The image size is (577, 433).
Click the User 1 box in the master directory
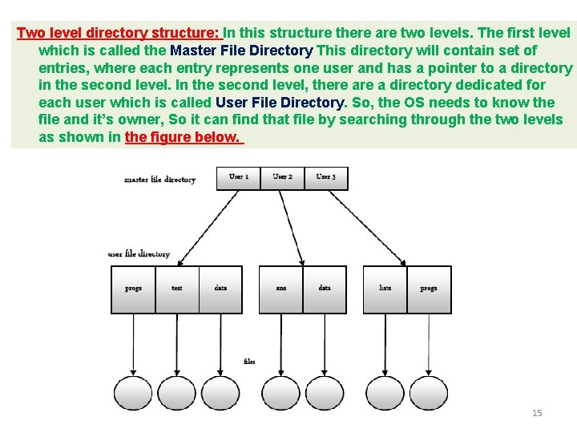coord(239,177)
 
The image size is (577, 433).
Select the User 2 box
coord(282,177)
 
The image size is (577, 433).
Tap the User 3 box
coord(326,177)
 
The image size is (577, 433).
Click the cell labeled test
coord(177,289)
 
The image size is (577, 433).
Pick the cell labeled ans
coord(281,289)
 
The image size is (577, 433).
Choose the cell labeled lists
coord(385,289)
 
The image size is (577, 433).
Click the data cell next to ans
coord(325,289)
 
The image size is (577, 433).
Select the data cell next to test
coord(220,289)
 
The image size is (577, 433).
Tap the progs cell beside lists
coord(429,289)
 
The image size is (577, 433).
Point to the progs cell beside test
coord(134,289)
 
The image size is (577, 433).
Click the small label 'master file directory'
coord(159,180)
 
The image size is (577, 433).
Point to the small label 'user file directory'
coord(139,254)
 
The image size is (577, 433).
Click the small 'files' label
coord(249,362)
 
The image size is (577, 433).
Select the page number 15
coord(537,413)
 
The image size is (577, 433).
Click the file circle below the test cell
coord(177,393)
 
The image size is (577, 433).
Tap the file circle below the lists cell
coord(385,393)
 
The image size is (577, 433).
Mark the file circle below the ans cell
coord(281,393)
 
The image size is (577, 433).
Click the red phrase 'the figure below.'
coord(183,137)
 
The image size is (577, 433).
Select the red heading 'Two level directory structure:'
coord(119,34)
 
